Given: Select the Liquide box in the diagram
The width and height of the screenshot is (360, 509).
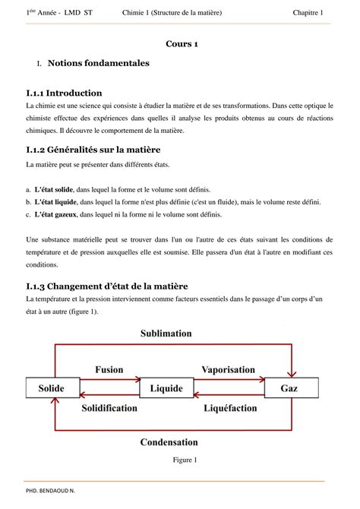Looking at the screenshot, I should point(166,388).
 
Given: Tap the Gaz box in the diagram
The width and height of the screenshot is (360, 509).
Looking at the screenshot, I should point(289,388).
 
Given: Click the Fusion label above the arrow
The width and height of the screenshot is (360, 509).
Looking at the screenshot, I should point(109,369).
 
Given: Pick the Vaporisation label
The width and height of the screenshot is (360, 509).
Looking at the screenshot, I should point(228,369).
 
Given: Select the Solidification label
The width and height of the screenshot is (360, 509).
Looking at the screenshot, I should point(109,408).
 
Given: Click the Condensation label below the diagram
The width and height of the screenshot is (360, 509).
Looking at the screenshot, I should point(168,442).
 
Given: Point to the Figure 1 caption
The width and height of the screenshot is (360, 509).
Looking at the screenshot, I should point(185,460).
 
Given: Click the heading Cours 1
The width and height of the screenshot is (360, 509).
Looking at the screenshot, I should point(182,44).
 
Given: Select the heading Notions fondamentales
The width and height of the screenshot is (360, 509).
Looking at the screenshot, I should point(98,63).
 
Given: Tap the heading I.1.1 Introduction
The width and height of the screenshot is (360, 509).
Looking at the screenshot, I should point(63,93).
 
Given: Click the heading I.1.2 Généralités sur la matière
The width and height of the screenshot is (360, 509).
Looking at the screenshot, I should point(95,150).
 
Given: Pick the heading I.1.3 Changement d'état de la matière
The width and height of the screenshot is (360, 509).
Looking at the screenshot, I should point(106,286).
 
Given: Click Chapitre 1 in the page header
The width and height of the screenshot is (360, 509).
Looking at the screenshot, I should point(308,13).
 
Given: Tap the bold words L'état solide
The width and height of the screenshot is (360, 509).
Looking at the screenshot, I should point(54,189).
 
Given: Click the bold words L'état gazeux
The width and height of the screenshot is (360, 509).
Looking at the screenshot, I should point(55,215).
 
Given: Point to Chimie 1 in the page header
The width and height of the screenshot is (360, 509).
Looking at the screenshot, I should point(137,13).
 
